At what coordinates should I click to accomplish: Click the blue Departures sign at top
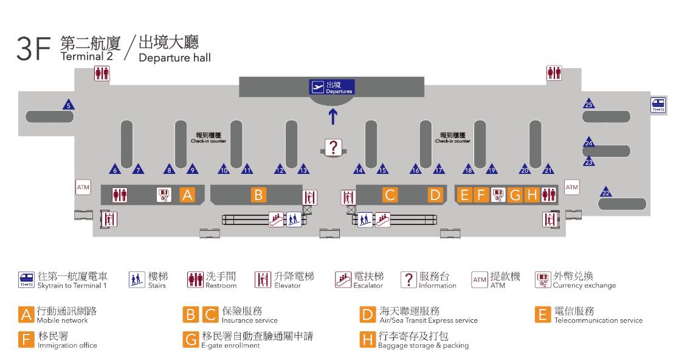(331, 88)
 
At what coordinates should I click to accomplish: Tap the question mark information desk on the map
(333, 147)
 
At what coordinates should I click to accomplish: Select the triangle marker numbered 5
(69, 105)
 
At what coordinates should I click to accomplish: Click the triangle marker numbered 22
(605, 192)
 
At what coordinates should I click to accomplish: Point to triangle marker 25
(588, 103)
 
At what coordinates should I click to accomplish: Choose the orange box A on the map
(187, 195)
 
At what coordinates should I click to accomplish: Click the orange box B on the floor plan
(258, 195)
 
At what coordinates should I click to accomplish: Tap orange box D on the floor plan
(435, 195)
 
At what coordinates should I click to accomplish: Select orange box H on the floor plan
(532, 195)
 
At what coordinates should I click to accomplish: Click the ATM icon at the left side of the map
(83, 187)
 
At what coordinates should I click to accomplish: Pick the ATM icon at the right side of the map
(571, 187)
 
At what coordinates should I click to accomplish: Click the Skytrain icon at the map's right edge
(657, 105)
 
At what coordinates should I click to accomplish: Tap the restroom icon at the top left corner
(102, 74)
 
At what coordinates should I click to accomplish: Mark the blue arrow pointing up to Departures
(333, 116)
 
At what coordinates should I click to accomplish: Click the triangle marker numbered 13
(303, 170)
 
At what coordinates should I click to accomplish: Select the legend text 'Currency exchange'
(584, 285)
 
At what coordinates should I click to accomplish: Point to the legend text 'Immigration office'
(67, 345)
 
